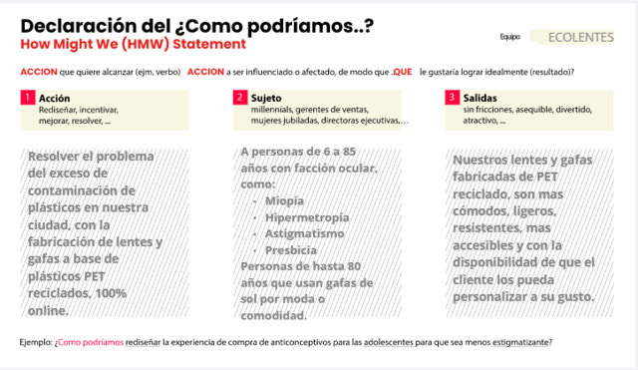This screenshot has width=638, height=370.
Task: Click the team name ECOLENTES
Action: (x=581, y=37)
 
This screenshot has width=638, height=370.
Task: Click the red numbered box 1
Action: (x=27, y=98)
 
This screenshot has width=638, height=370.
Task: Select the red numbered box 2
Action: (x=240, y=98)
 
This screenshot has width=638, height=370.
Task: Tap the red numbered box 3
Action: (x=453, y=98)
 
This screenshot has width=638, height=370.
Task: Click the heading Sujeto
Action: (x=266, y=98)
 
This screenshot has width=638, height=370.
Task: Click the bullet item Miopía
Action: (x=284, y=200)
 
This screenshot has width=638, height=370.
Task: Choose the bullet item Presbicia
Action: (x=290, y=251)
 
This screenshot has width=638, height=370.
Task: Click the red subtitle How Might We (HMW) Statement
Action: (x=133, y=46)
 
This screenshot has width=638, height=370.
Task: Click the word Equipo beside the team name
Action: (x=510, y=38)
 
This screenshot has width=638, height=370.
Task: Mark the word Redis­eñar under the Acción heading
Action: (x=56, y=110)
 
